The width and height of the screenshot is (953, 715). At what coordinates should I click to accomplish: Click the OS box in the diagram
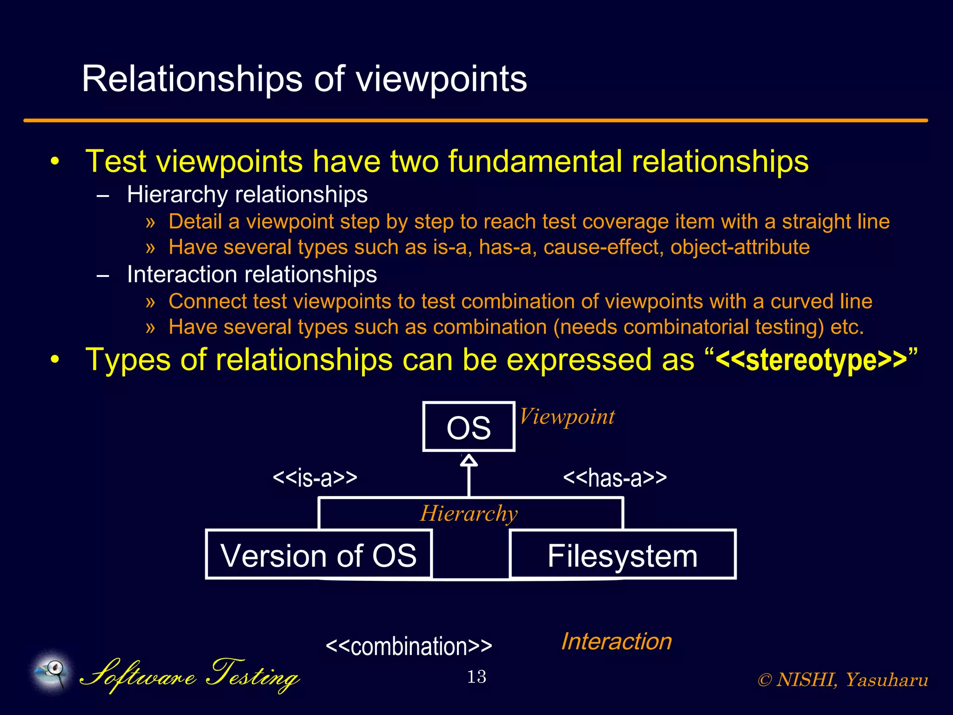point(469,427)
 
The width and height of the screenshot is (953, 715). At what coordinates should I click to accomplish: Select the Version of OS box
point(319,554)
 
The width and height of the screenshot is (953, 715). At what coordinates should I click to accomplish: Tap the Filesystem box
point(623,554)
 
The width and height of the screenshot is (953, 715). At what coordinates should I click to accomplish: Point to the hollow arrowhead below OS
point(469,460)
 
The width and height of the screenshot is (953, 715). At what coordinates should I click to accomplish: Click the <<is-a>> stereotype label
point(315,478)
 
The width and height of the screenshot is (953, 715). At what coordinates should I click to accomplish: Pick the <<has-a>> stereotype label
point(615,478)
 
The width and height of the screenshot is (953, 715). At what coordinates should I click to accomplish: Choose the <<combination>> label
point(409,646)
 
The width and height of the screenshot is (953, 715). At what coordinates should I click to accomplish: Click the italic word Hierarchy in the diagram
point(469,513)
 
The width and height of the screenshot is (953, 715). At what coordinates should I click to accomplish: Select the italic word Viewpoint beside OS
point(567,417)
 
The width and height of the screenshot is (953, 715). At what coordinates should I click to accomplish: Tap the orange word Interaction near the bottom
point(617,641)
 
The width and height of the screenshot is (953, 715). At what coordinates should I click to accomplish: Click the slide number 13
point(476,676)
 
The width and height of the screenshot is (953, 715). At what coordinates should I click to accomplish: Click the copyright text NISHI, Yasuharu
point(843,680)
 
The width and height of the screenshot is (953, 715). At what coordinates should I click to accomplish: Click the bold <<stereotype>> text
point(811,360)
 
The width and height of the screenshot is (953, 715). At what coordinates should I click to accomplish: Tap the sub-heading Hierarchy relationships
point(247,194)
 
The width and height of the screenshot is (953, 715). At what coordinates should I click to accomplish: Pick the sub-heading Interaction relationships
point(252,274)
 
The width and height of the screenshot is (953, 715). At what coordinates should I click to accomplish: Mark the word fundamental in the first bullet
point(535,161)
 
